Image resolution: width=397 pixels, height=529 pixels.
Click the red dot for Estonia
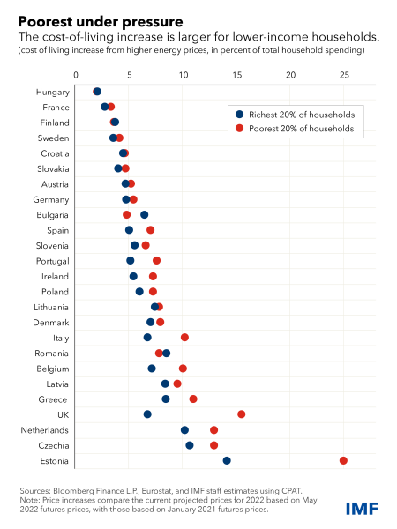(343, 460)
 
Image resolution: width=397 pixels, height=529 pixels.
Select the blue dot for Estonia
(227, 460)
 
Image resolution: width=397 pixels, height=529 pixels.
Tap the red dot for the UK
(242, 414)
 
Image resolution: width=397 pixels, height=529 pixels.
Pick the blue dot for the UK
(147, 414)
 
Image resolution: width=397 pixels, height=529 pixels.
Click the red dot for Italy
(184, 338)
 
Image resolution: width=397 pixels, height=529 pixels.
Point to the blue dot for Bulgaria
(144, 215)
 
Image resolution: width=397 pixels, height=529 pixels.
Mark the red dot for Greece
(193, 399)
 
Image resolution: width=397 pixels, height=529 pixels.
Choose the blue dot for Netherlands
(184, 430)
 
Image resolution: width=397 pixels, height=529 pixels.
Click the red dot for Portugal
(156, 260)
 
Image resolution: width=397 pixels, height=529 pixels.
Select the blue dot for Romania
(167, 354)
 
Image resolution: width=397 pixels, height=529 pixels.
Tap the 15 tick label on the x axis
(237, 75)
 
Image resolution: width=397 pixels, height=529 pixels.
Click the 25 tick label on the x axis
(344, 75)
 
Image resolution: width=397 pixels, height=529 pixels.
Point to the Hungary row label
(53, 93)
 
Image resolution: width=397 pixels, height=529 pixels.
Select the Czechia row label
(54, 445)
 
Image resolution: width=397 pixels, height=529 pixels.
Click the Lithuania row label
(51, 308)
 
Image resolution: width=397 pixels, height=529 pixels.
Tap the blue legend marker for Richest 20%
(239, 115)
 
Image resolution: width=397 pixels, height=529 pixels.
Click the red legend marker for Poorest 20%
(239, 128)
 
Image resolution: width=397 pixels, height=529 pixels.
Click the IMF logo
(362, 509)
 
